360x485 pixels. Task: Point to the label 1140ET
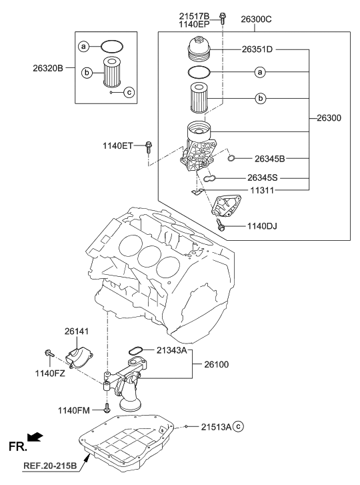click(118, 145)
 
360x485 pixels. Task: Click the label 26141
click(77, 331)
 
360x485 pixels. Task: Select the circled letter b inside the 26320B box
click(87, 72)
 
